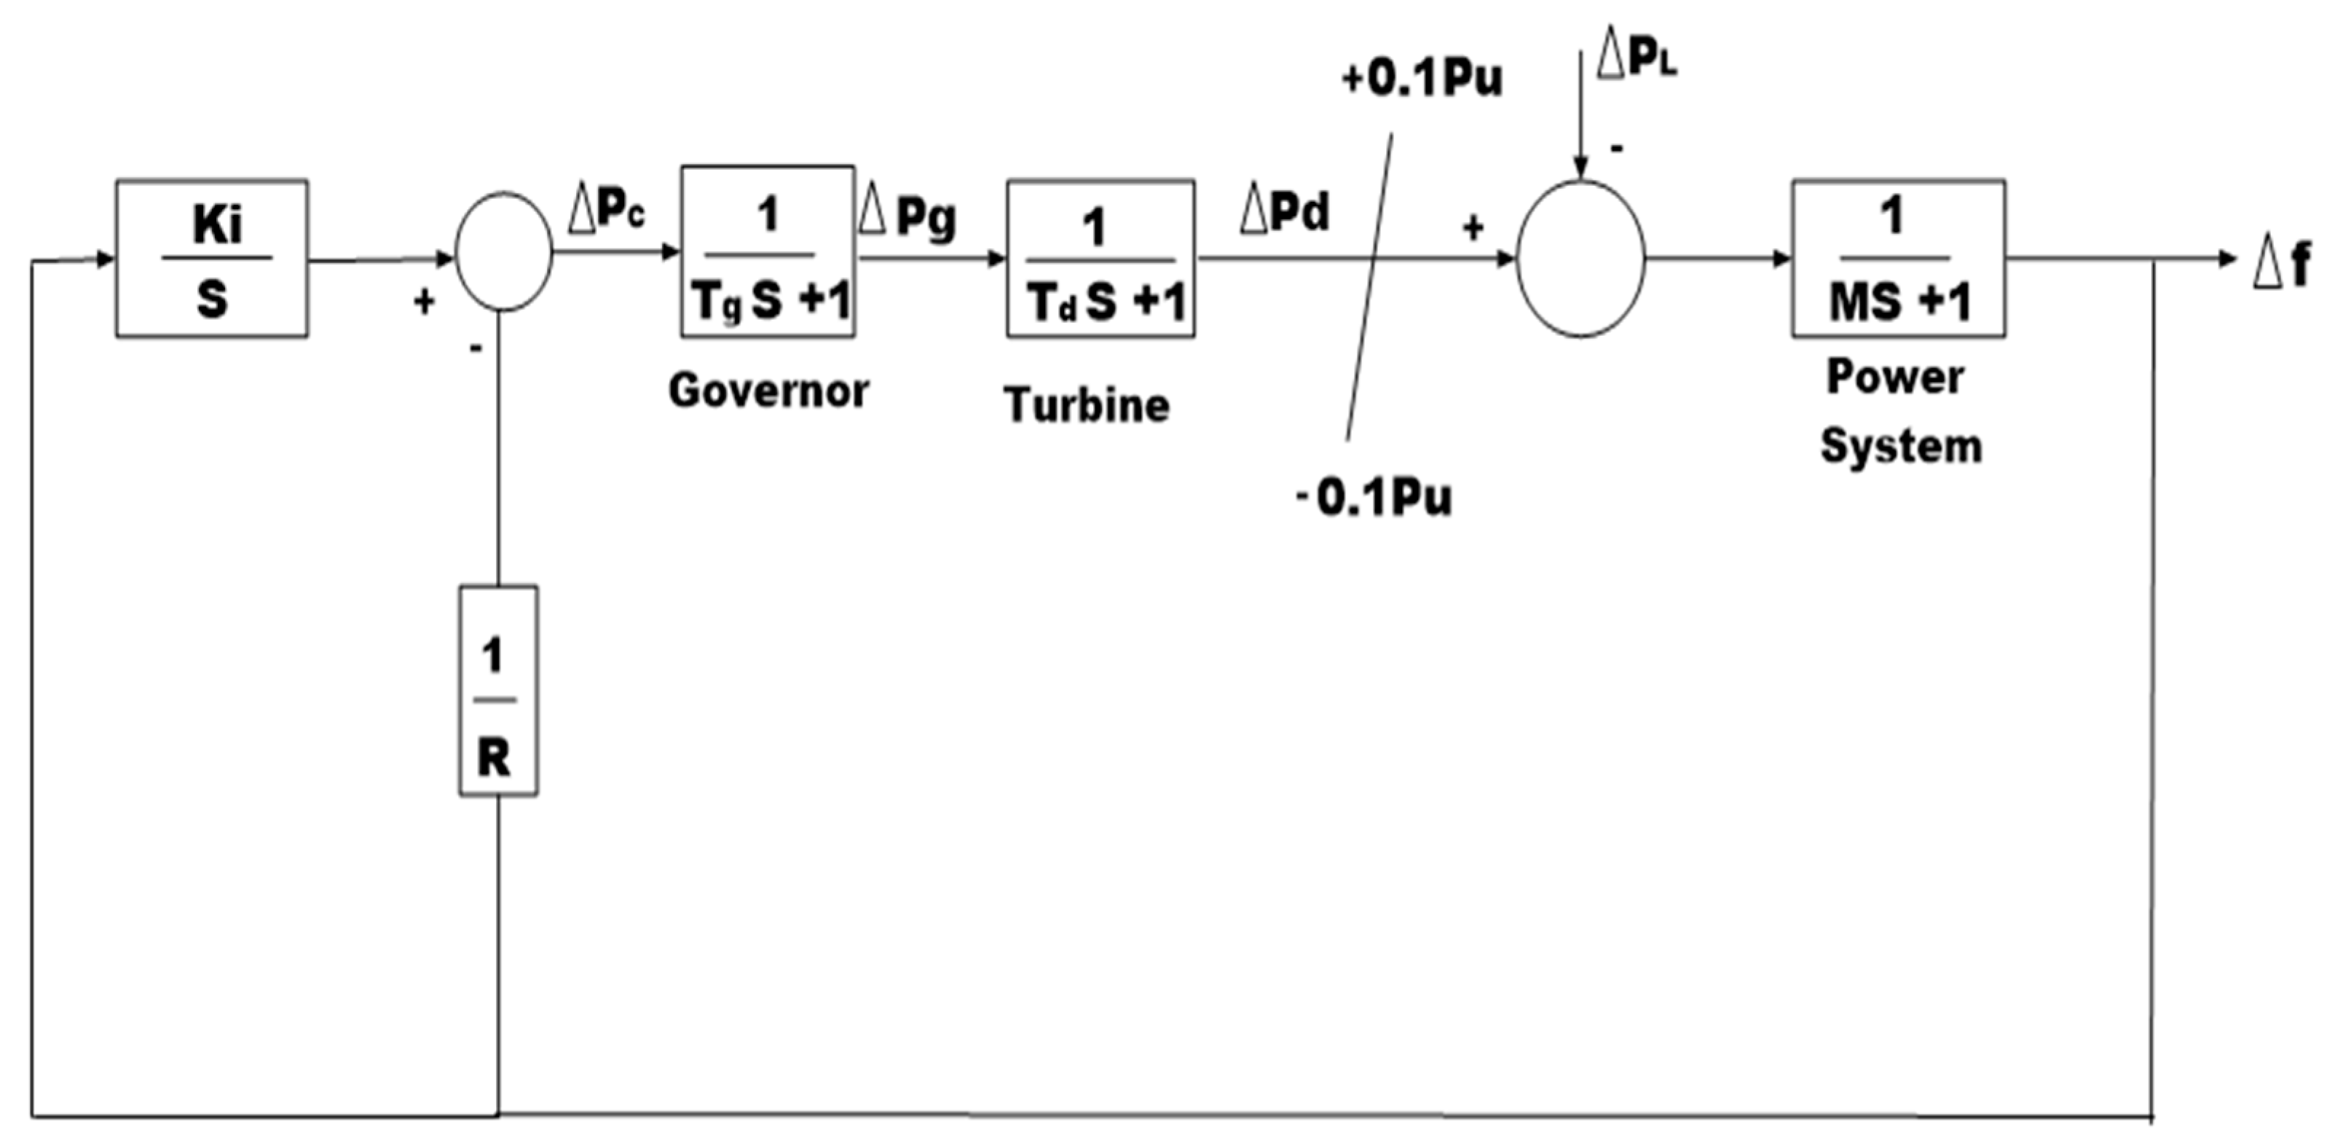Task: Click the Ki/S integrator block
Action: coord(211,259)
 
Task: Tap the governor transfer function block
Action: coord(768,253)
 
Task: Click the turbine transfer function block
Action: coord(1101,259)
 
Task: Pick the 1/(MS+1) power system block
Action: coord(1899,259)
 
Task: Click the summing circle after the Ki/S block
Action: coord(504,252)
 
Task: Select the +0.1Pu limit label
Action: coord(1422,79)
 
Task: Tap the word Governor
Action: coord(768,391)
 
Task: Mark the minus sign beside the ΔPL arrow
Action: coord(1616,147)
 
